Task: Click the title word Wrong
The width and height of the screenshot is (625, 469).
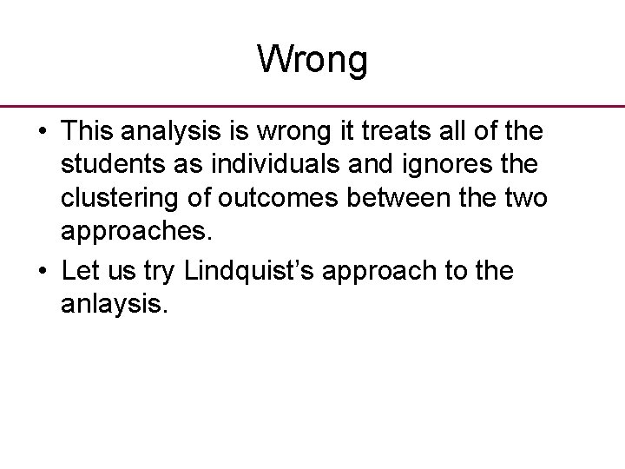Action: point(312,60)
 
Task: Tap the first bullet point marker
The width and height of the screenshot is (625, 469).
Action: point(42,132)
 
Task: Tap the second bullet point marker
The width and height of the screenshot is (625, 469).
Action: point(42,273)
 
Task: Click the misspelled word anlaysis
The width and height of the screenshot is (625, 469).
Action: point(111,307)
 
